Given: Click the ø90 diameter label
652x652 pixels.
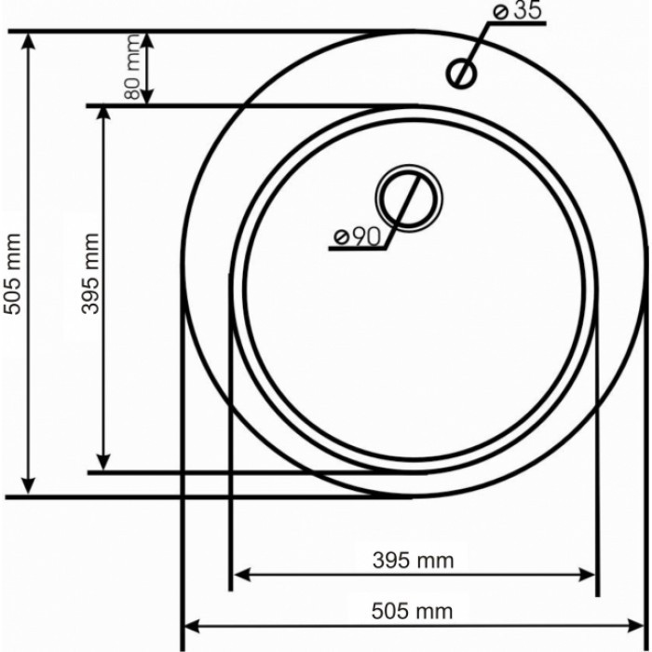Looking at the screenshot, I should tap(358, 238).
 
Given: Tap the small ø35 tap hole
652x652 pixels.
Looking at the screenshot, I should tap(461, 72).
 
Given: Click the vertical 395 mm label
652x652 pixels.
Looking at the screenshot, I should tap(89, 284).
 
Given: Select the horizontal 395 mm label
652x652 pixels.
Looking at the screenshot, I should tap(413, 560).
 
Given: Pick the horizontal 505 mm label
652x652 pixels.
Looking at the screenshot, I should tap(413, 611).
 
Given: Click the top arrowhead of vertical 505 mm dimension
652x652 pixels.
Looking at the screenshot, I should tap(30, 42).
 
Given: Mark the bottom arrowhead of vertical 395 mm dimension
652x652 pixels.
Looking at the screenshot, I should tap(104, 460).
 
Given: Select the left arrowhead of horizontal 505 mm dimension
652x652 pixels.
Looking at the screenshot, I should tap(192, 624).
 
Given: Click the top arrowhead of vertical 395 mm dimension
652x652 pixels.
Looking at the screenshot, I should tap(104, 116).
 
